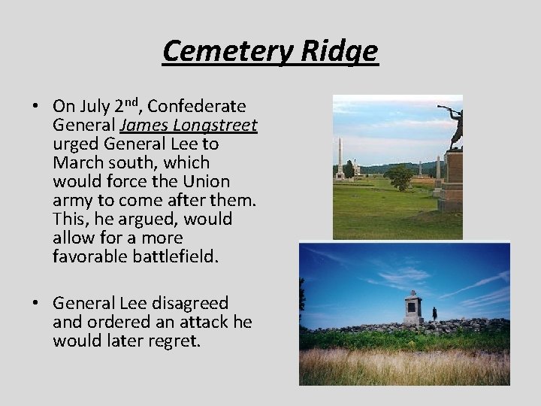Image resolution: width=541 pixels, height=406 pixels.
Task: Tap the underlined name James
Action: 141,124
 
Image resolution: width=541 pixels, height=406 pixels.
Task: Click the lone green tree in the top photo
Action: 400,177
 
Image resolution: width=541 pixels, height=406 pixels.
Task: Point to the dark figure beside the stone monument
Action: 434,313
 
